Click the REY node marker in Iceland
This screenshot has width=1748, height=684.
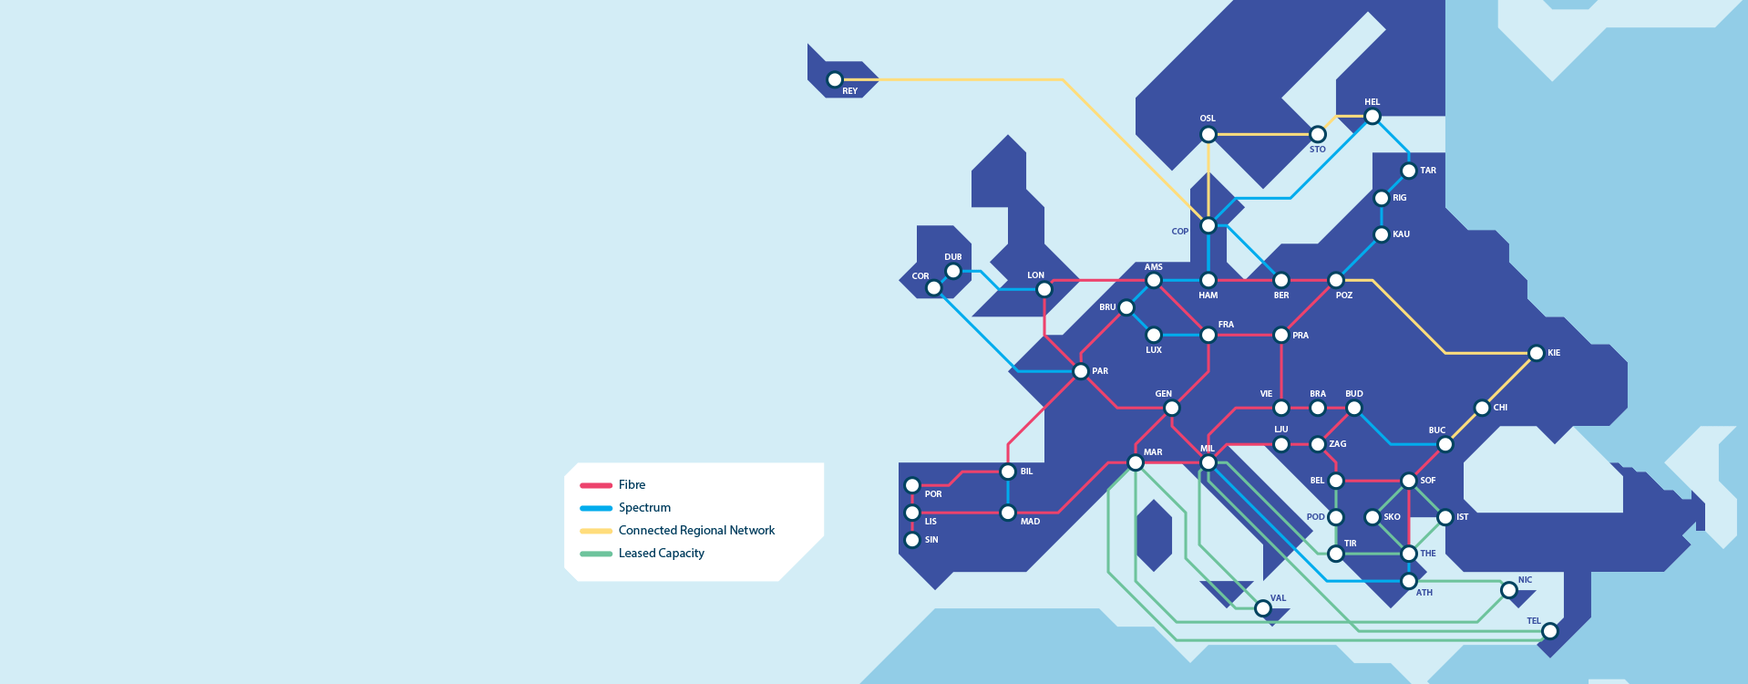(834, 80)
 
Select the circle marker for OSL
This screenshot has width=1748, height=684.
(1208, 135)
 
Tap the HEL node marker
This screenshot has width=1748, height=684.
(1373, 116)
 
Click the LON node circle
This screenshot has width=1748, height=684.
(1044, 290)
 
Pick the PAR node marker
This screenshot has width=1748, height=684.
(1081, 371)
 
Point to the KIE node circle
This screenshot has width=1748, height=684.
(1537, 353)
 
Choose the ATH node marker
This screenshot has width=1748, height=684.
(1409, 581)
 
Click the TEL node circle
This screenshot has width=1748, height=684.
(1550, 631)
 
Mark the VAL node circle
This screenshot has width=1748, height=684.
(1263, 608)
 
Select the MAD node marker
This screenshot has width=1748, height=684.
(1008, 513)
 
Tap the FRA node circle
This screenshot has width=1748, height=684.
(1208, 335)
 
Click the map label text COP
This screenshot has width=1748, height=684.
(1179, 232)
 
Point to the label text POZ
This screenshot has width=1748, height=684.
(1344, 295)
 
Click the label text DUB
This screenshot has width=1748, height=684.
(953, 257)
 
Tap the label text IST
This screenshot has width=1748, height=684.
(1462, 517)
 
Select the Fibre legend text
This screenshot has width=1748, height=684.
(632, 485)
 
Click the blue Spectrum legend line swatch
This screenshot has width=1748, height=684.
(596, 508)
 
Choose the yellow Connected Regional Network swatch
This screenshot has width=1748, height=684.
(596, 531)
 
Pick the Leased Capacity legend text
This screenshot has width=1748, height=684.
(661, 554)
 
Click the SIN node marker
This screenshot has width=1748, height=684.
(912, 540)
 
